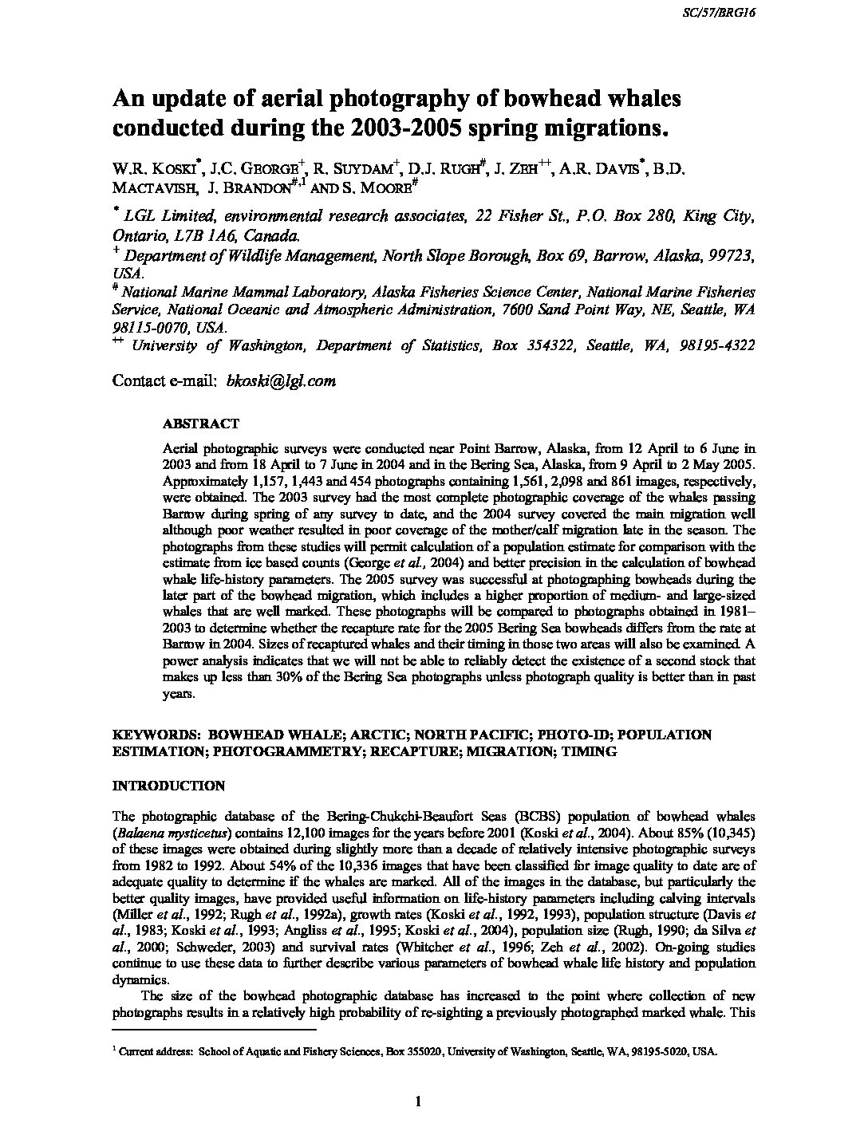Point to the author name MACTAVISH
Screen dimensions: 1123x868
(x=150, y=188)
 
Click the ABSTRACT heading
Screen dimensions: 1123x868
(x=200, y=424)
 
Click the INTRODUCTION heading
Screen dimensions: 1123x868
(x=168, y=786)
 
